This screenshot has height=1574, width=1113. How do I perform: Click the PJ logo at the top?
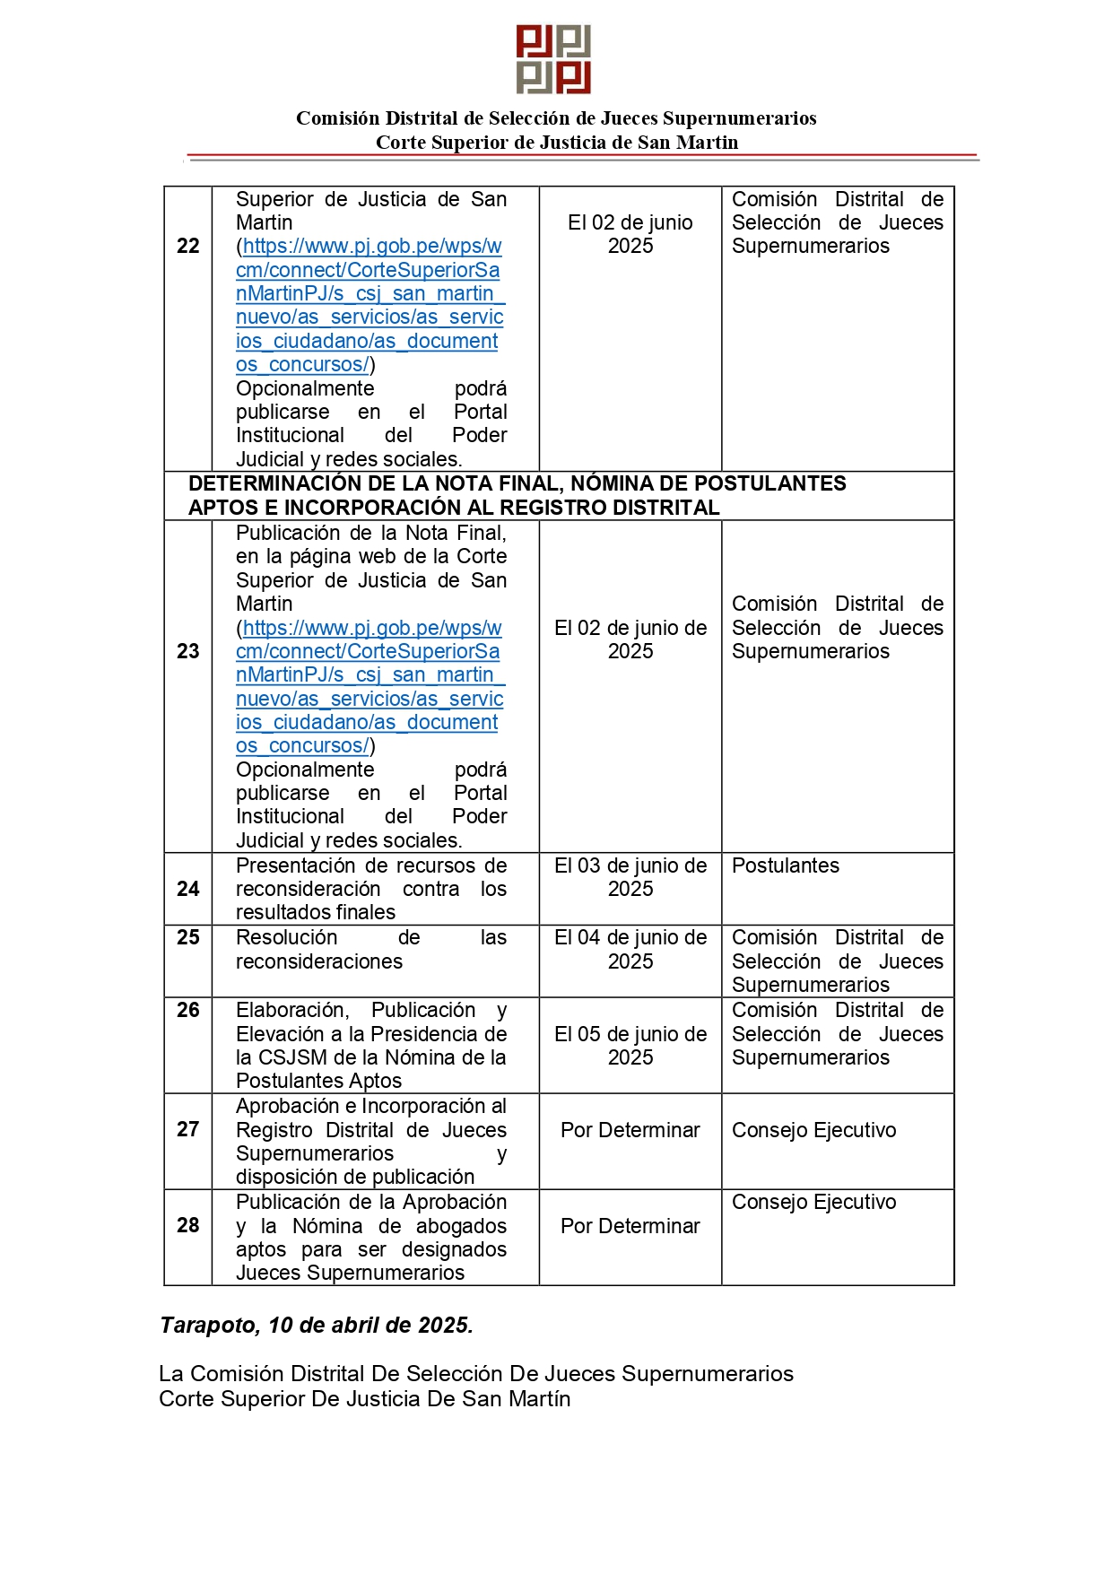click(x=553, y=59)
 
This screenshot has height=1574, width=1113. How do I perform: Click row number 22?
click(x=188, y=246)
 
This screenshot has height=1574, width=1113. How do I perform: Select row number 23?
click(x=188, y=651)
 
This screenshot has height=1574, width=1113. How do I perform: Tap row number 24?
click(x=188, y=889)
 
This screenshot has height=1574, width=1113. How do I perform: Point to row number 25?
click(x=188, y=937)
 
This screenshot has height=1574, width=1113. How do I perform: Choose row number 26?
click(x=188, y=1010)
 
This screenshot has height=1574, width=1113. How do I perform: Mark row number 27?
click(x=188, y=1129)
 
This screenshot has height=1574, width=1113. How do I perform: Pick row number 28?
click(x=188, y=1225)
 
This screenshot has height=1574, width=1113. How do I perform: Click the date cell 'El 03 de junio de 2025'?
click(x=630, y=877)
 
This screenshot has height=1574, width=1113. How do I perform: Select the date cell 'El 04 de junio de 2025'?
click(x=630, y=949)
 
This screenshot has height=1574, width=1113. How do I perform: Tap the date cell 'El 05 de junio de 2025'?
click(x=630, y=1046)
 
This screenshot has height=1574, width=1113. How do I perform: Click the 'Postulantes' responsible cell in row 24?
click(x=786, y=865)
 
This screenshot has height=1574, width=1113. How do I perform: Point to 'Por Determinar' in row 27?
click(x=630, y=1130)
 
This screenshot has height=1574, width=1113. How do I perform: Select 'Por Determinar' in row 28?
click(x=630, y=1226)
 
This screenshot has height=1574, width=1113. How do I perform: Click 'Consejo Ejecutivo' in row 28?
click(x=814, y=1202)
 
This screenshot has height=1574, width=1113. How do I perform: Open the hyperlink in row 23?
click(x=369, y=687)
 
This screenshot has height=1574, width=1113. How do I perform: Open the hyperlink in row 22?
click(x=369, y=305)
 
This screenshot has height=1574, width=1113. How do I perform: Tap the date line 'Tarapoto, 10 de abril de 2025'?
click(x=317, y=1325)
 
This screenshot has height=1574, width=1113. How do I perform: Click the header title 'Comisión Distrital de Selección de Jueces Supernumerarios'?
click(x=556, y=118)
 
